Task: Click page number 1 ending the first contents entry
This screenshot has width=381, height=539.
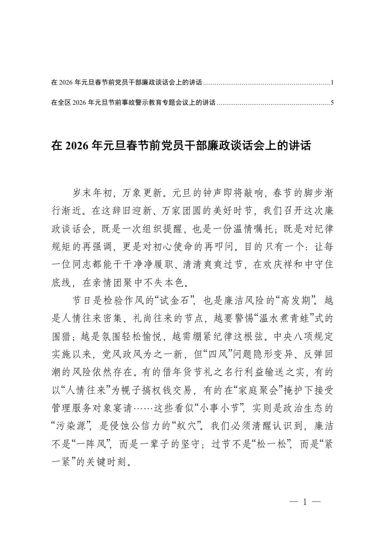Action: click(332, 83)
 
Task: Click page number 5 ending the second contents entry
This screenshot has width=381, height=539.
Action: click(332, 102)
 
